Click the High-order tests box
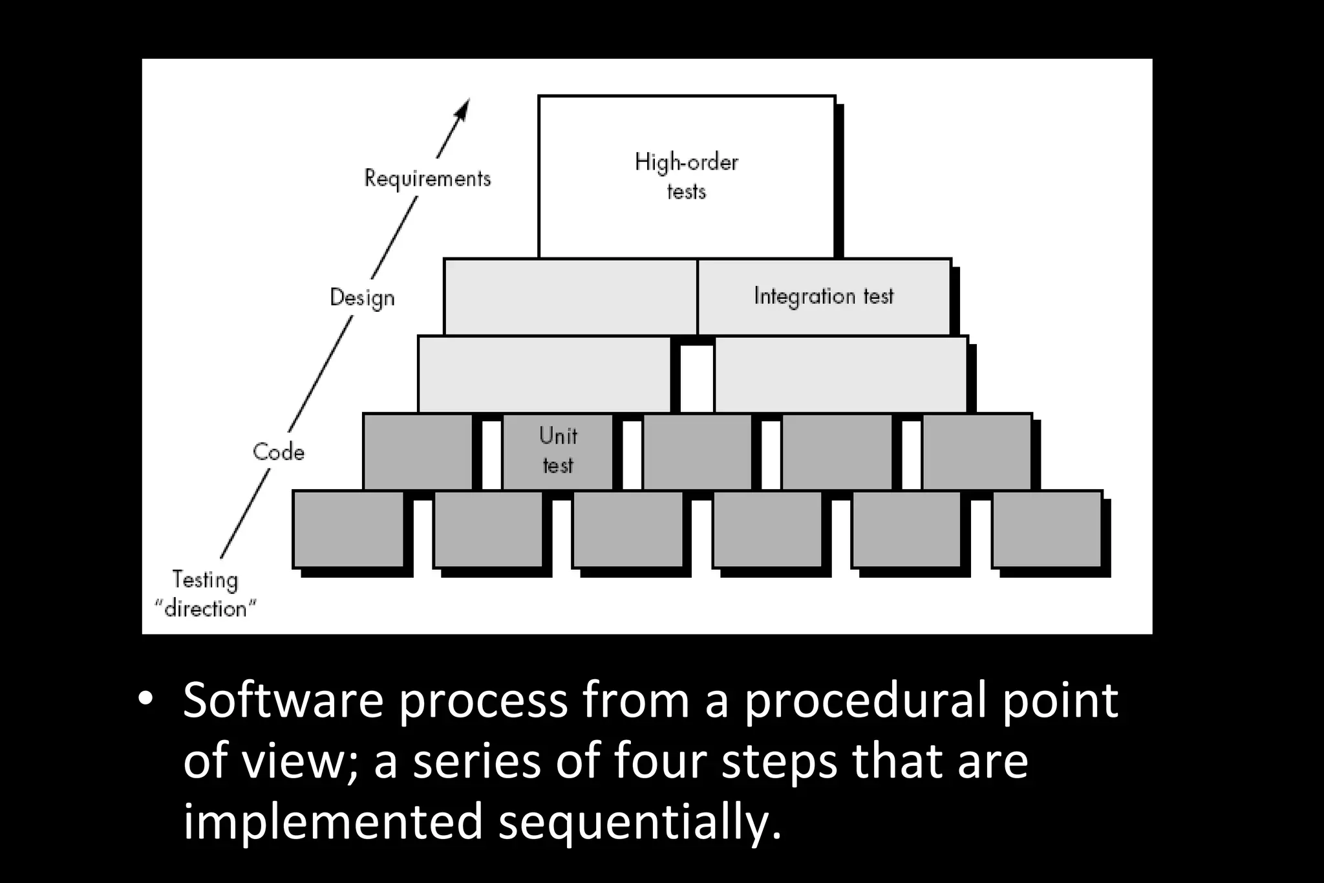click(x=687, y=176)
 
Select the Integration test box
click(x=824, y=296)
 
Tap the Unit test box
click(x=557, y=451)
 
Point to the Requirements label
click(x=427, y=178)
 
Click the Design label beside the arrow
click(x=362, y=298)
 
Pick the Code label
click(x=279, y=452)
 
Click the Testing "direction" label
click(x=206, y=594)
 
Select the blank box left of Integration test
click(x=570, y=296)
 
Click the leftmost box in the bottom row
click(x=348, y=529)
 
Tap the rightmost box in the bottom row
click(x=1047, y=529)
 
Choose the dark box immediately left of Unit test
click(x=418, y=451)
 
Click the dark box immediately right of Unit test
click(x=697, y=451)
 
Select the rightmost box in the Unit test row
click(x=976, y=451)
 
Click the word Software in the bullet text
click(x=283, y=700)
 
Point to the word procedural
click(x=866, y=700)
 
